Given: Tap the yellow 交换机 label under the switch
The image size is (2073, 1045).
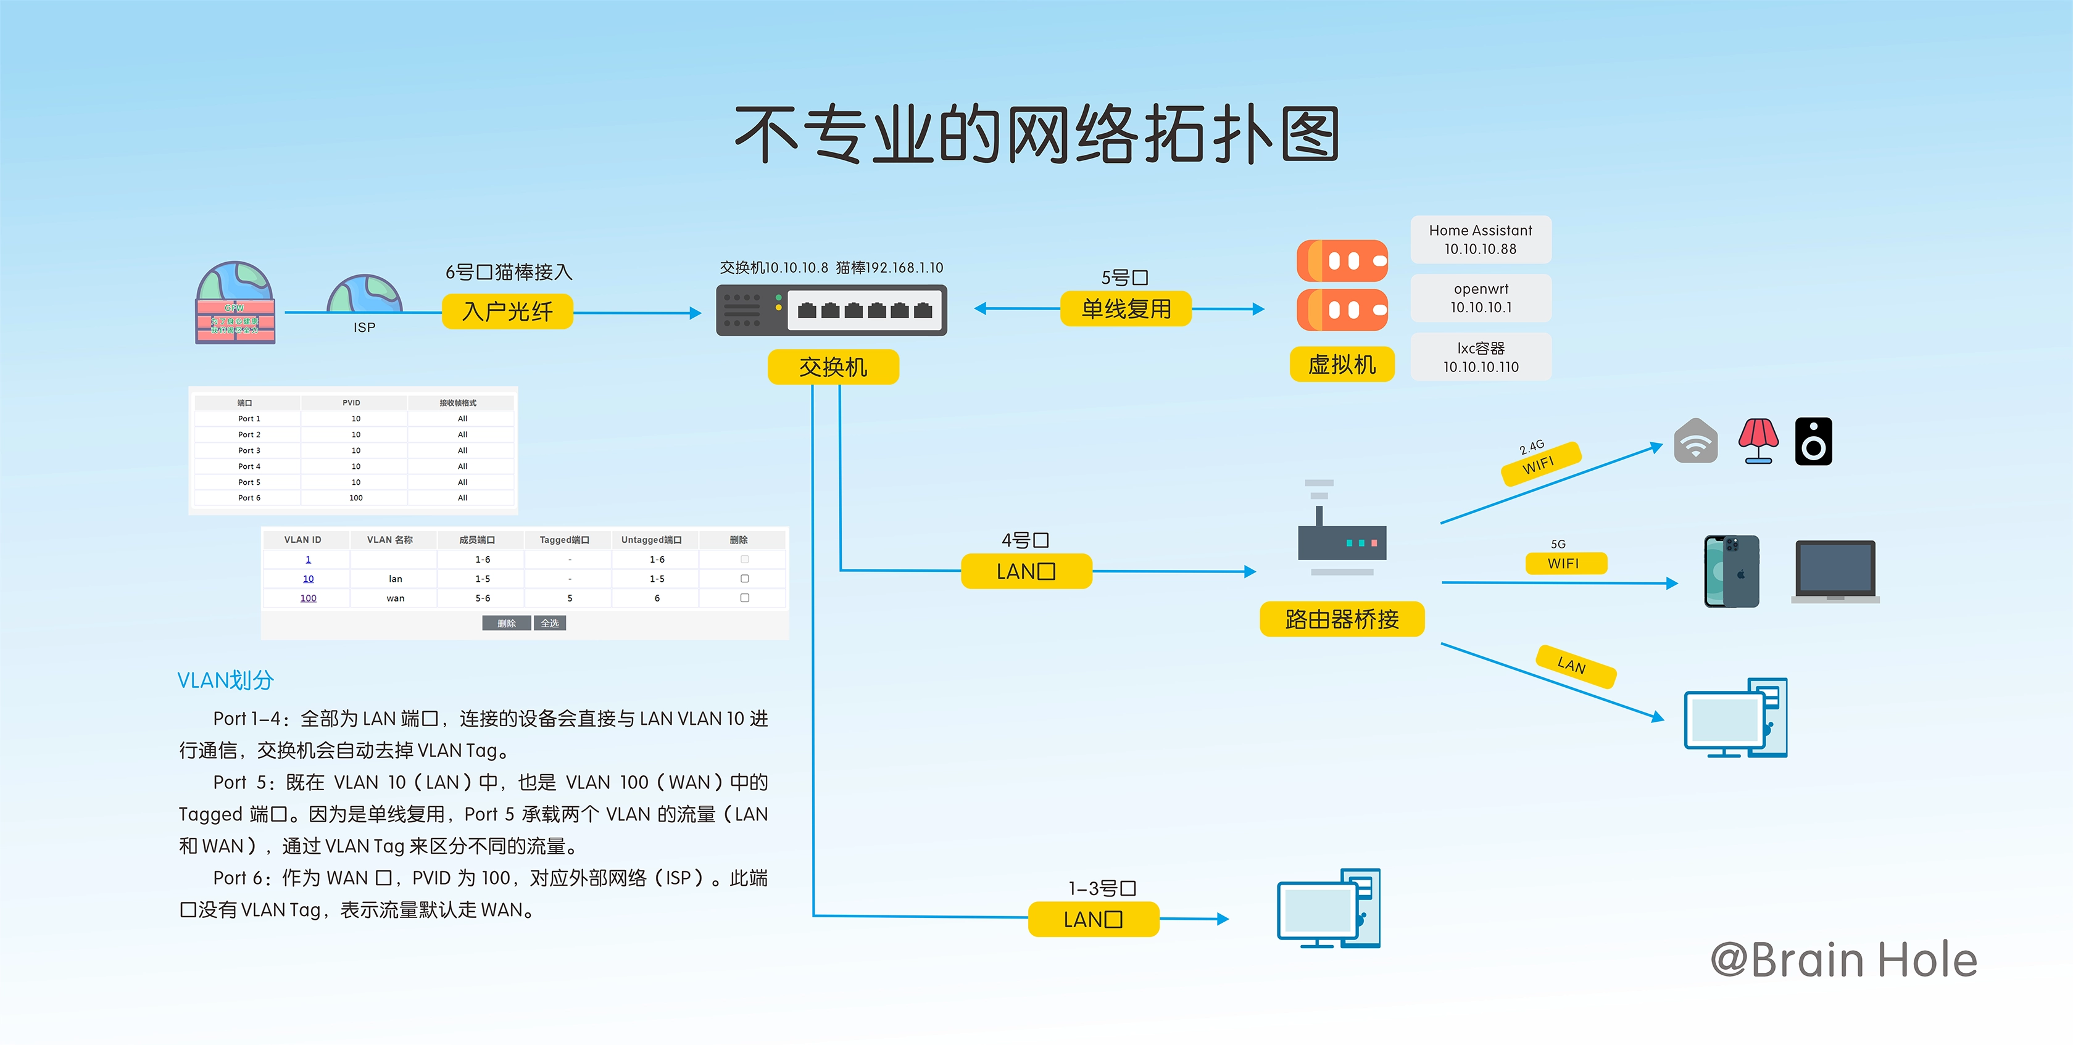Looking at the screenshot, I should click(833, 367).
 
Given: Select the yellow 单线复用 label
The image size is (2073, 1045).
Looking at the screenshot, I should click(1125, 309).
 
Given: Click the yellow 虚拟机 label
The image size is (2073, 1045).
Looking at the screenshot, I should click(1342, 365).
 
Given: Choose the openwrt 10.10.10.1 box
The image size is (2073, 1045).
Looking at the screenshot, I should click(1480, 299).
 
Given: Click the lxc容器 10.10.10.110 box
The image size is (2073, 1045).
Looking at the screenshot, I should click(1480, 357).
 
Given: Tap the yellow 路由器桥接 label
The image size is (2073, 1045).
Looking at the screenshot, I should click(1342, 619).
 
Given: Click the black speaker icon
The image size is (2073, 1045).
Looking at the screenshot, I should click(1813, 442).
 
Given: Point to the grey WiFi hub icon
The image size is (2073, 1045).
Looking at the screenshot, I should click(1695, 441).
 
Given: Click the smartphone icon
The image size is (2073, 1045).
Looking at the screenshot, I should click(1732, 571).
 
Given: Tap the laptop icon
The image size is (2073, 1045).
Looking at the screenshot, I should click(1835, 572).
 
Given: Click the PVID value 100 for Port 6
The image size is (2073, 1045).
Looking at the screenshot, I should click(355, 498).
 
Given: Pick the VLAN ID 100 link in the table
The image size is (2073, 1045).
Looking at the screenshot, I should click(308, 598).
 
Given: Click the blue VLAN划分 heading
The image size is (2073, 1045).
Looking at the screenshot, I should click(225, 680).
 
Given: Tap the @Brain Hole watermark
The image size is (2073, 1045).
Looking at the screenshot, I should click(1843, 960).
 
